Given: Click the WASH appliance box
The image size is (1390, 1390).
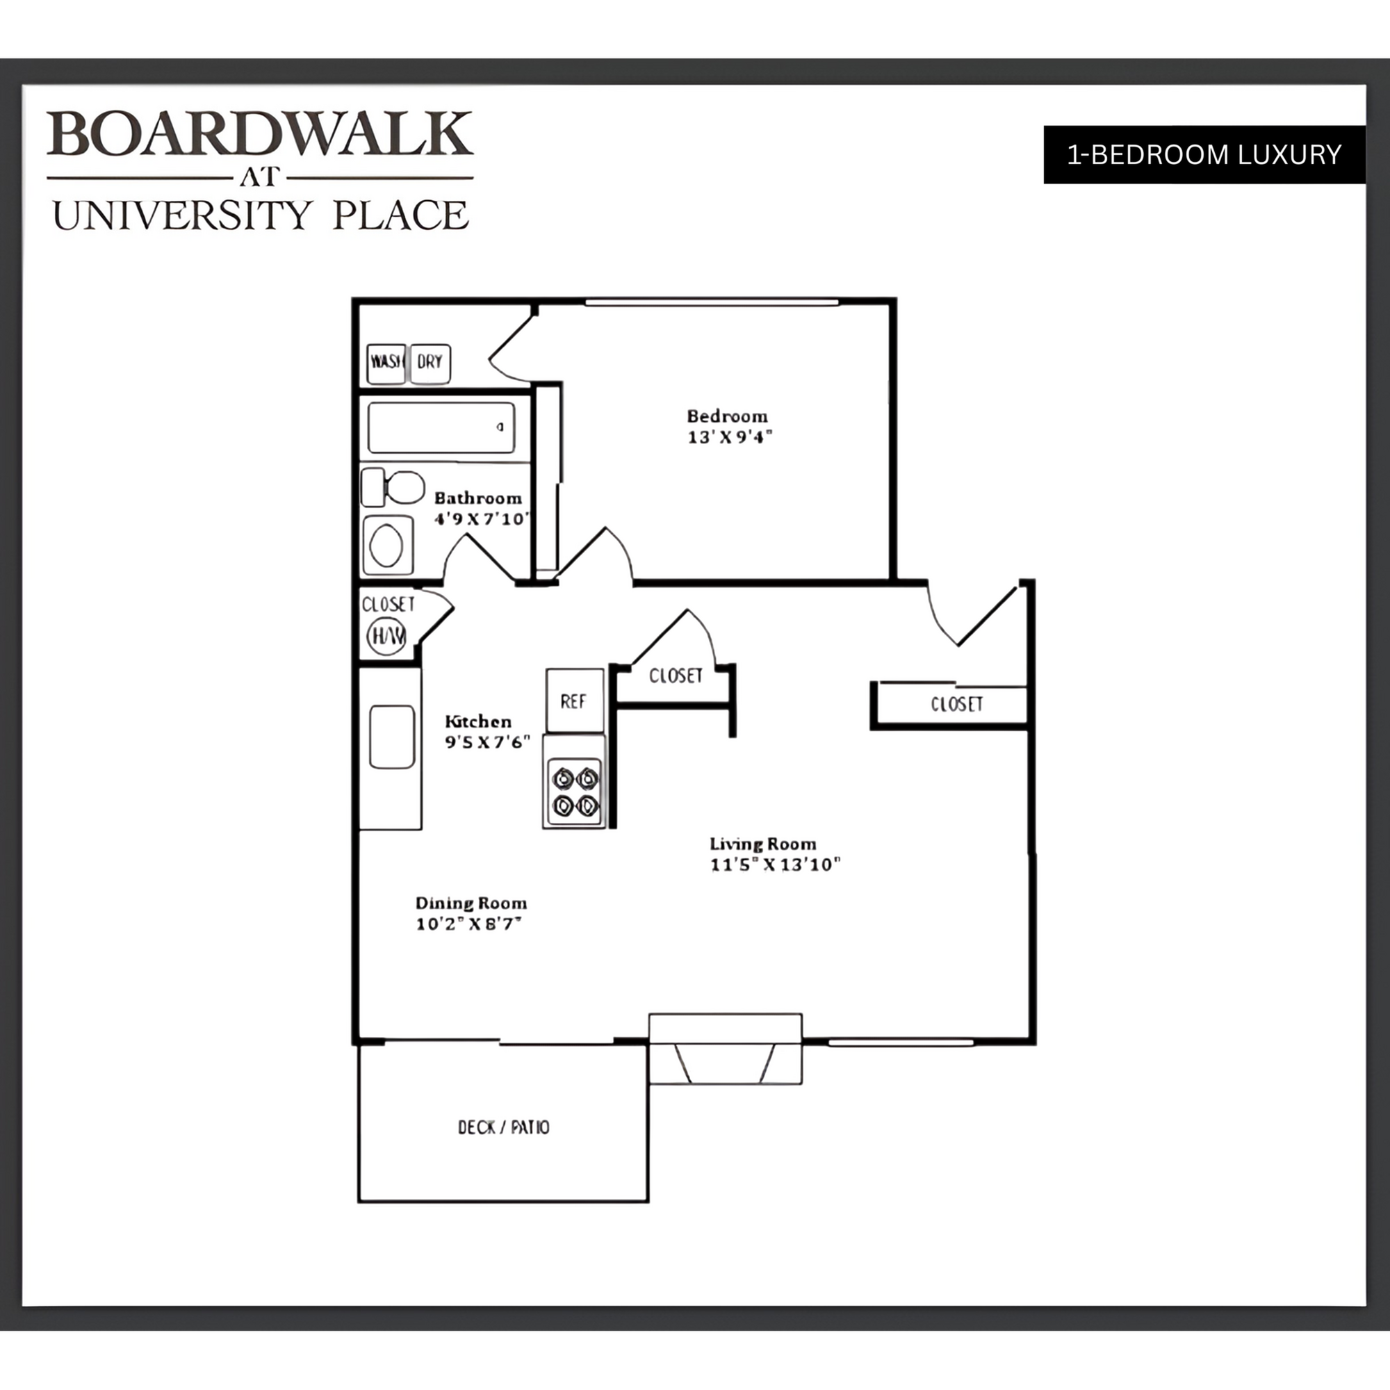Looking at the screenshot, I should tap(386, 363).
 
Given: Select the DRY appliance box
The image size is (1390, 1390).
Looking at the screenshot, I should tap(430, 363).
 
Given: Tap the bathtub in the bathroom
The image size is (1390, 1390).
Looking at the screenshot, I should tap(441, 427).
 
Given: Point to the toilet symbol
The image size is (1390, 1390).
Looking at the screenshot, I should tap(393, 487).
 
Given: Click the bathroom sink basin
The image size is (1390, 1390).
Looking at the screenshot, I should tap(387, 546).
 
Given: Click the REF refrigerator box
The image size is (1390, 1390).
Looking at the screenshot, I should tap(574, 701).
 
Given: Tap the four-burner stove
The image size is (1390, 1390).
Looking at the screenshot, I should tap(575, 791).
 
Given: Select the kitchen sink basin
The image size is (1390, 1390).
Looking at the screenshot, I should tap(392, 737).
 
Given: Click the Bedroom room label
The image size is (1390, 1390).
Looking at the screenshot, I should tap(727, 416).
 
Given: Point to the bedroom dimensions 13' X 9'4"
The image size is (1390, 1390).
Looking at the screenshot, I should tap(730, 436).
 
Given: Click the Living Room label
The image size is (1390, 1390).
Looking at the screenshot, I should tap(762, 843).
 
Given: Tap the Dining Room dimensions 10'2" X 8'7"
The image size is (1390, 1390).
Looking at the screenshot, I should tap(468, 924).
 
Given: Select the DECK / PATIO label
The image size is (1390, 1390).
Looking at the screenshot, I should tap(504, 1127).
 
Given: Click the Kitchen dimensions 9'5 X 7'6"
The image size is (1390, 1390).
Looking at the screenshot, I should tap(487, 742).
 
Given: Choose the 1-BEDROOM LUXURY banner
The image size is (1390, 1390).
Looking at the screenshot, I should tap(1204, 155).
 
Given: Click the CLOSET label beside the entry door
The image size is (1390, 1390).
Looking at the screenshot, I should tap(956, 704).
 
